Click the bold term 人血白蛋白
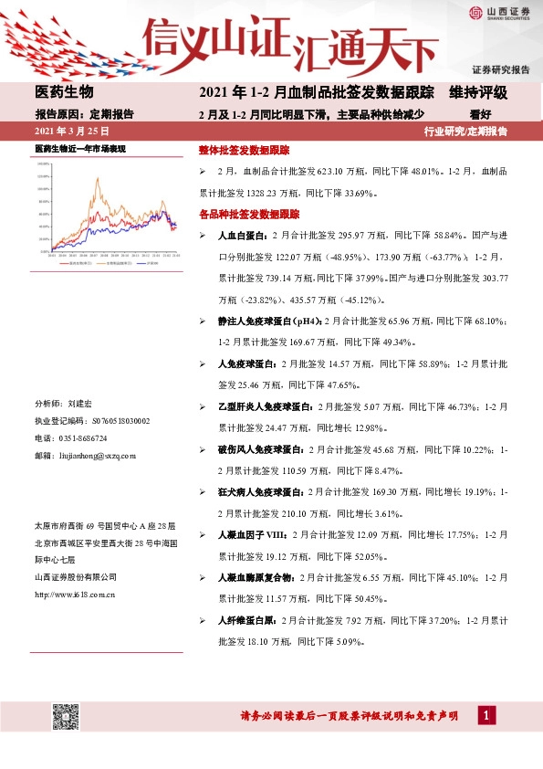click(242, 236)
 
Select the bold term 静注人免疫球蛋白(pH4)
click(269, 321)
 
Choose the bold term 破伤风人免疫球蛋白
click(261, 449)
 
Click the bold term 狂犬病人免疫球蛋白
click(261, 492)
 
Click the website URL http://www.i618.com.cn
click(74, 595)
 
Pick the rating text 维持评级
click(477, 94)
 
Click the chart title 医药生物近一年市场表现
click(79, 148)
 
